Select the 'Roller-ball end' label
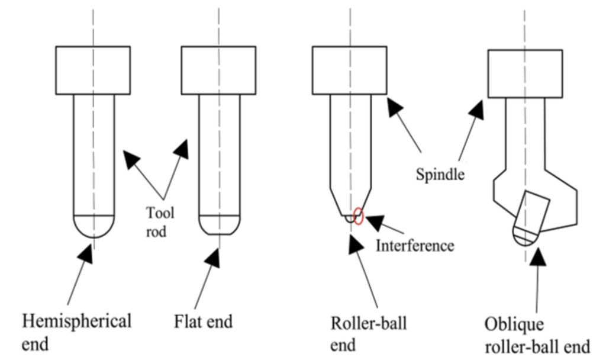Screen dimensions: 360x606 (369, 333)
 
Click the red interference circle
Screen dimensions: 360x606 (357, 216)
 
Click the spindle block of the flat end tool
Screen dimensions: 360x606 (218, 70)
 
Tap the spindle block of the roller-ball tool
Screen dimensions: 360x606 (350, 70)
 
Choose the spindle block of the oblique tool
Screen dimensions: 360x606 (524, 73)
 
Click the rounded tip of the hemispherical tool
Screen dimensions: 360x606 (93, 226)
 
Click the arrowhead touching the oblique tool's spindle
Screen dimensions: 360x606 (476, 110)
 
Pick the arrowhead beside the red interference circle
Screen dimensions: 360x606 (374, 223)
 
